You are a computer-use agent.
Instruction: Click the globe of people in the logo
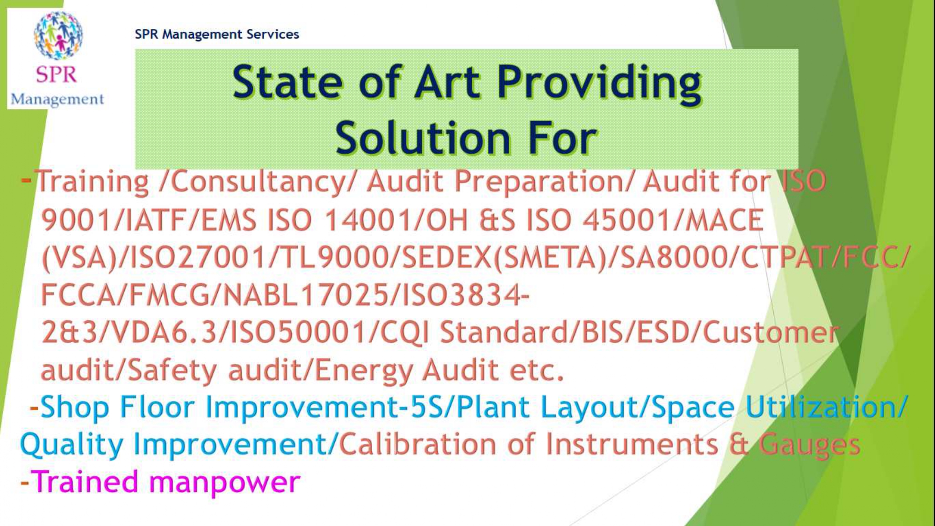58,36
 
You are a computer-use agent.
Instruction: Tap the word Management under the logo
57,100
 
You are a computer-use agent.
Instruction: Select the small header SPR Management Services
217,34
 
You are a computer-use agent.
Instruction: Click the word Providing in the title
599,83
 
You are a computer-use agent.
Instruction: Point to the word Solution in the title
423,138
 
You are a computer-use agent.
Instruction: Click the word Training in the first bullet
92,182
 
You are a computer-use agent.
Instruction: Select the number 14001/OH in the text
396,220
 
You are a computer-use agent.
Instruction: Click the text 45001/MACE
673,220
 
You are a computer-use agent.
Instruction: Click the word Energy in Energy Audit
364,371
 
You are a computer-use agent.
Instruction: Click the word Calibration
417,444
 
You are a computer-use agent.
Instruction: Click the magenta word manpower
224,483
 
